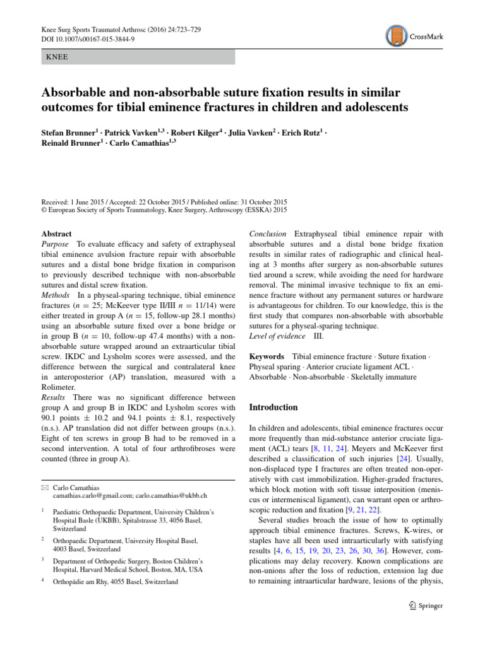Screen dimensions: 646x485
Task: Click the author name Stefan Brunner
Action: click(69, 134)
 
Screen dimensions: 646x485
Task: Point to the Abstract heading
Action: click(56, 233)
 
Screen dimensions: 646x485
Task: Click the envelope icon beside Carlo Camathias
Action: click(44, 488)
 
